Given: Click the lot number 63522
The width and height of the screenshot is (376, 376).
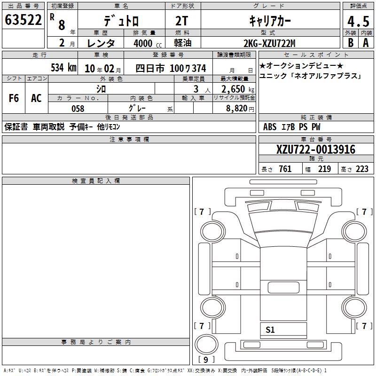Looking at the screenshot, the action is tap(23, 20).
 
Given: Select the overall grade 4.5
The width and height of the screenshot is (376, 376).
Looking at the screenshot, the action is tap(358, 21).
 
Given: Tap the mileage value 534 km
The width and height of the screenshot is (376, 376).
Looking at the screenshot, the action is tap(63, 68).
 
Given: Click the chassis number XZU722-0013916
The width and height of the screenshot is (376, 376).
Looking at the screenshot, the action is tap(315, 149).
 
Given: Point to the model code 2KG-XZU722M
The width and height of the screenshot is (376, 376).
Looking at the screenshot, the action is tap(269, 43).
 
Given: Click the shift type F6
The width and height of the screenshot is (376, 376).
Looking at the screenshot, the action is tap(14, 98).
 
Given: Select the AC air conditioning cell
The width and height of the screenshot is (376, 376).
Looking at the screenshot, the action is tap(37, 98).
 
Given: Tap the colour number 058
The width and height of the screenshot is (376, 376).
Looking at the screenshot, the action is tap(78, 109).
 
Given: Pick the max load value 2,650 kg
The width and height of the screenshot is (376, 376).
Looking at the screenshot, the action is tap(238, 89).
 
